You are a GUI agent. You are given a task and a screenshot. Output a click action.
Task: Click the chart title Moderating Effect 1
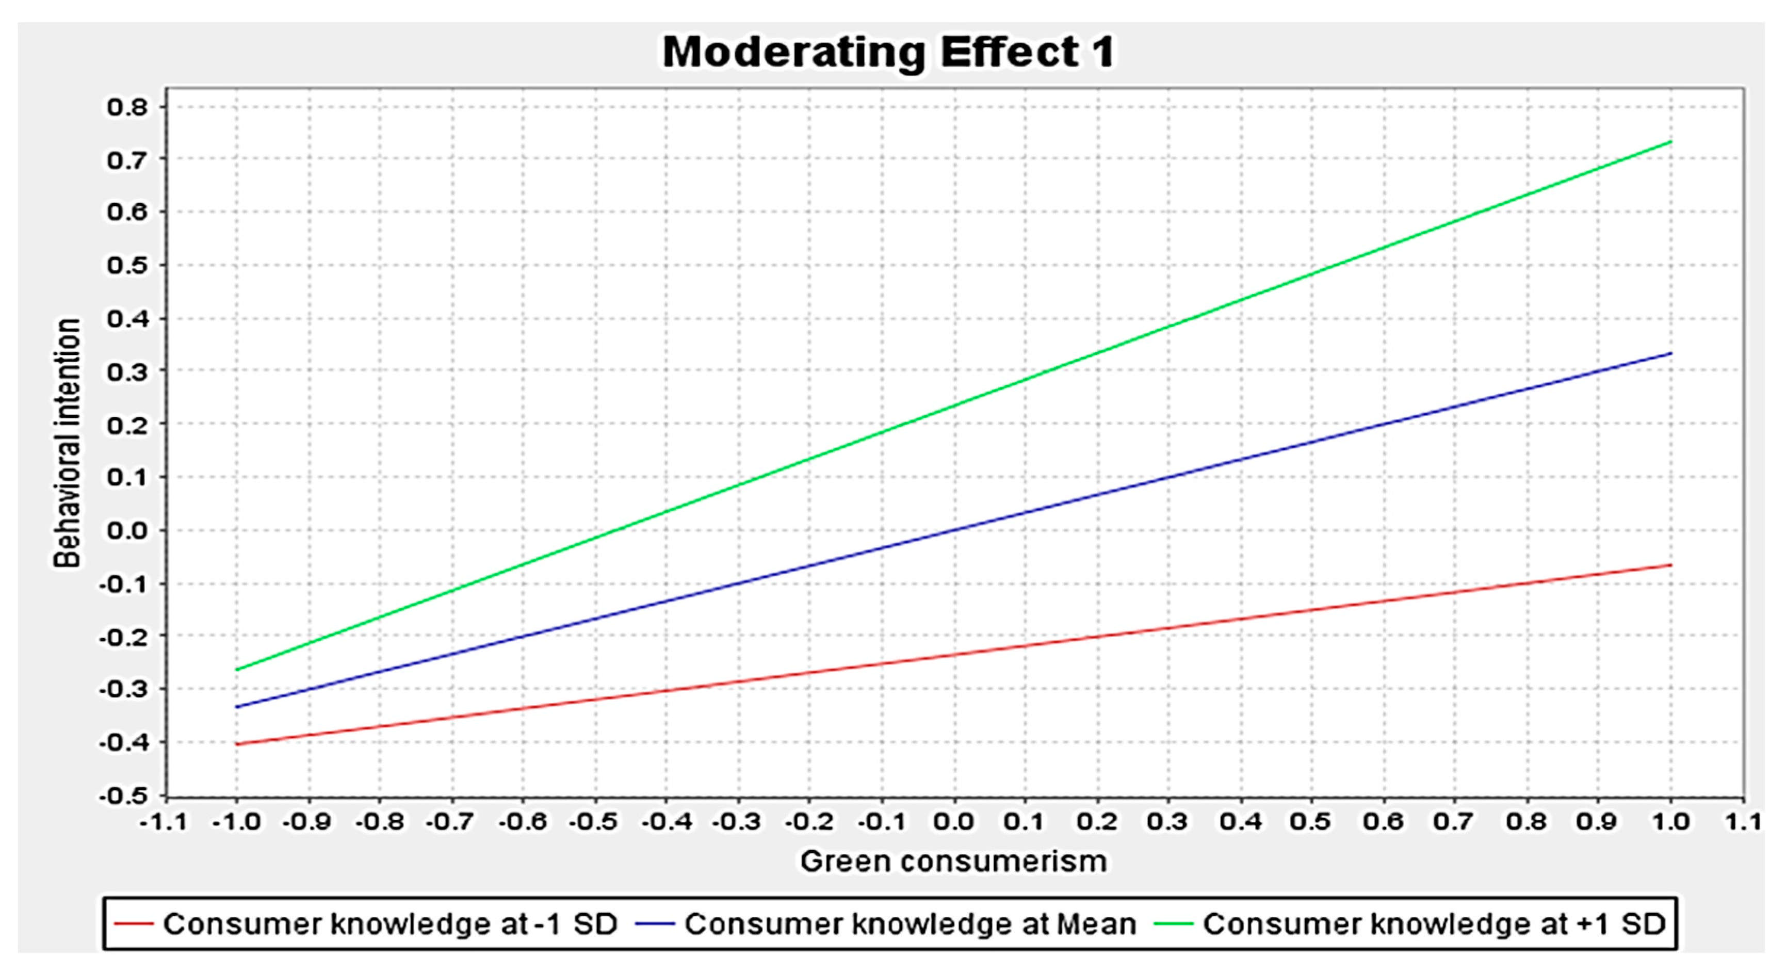click(x=888, y=52)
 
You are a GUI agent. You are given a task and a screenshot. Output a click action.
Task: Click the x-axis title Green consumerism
click(x=953, y=861)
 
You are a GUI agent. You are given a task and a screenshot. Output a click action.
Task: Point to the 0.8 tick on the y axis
click(x=127, y=107)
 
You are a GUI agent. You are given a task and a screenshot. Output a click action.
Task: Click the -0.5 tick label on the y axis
click(x=123, y=796)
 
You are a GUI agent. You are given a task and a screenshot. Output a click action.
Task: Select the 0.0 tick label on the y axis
click(x=127, y=531)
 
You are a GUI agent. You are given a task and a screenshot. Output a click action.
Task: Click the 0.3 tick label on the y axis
click(x=127, y=371)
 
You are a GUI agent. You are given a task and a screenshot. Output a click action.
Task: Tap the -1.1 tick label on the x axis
click(x=164, y=822)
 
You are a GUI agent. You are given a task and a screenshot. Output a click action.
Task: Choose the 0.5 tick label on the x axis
click(x=1312, y=822)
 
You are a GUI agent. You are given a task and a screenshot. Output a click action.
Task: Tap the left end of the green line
click(x=236, y=670)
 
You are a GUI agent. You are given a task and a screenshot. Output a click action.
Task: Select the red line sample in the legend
click(x=133, y=924)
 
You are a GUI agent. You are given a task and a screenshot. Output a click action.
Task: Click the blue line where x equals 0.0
click(x=953, y=531)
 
